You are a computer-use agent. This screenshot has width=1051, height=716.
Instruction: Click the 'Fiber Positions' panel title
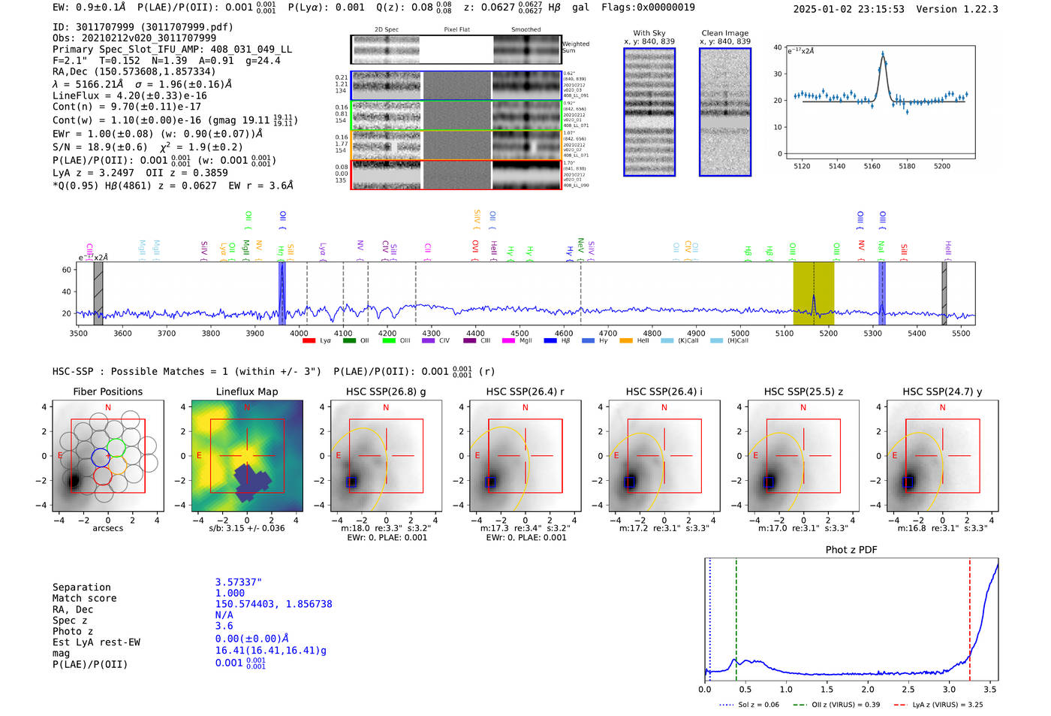[107, 391]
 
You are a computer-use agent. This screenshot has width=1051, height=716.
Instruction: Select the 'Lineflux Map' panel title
[247, 391]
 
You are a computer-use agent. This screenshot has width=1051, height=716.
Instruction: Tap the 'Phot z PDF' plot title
[851, 549]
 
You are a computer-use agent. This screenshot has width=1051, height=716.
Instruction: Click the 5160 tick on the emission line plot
[872, 166]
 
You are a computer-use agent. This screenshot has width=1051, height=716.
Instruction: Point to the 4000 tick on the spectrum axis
[299, 333]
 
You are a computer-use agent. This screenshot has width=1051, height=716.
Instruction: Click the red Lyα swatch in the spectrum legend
[309, 341]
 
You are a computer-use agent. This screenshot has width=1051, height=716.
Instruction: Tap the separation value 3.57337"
[238, 582]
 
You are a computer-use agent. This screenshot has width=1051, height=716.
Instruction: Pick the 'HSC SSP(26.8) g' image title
[386, 391]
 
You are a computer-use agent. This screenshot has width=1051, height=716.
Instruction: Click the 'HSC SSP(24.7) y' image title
[942, 391]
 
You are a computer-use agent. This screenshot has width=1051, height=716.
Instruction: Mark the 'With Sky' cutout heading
[649, 33]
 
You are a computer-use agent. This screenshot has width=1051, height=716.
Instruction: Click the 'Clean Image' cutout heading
[725, 33]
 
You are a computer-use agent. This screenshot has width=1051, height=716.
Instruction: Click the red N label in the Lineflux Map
[247, 408]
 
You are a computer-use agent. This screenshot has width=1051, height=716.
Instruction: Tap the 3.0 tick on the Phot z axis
[950, 689]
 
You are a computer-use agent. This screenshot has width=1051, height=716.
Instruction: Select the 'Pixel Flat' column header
[456, 30]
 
